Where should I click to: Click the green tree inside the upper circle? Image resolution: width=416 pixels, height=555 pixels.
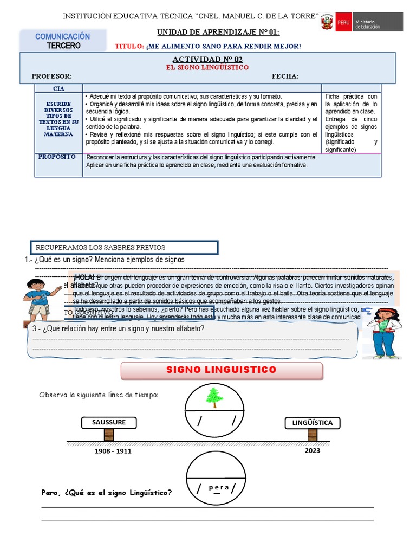click(x=214, y=398)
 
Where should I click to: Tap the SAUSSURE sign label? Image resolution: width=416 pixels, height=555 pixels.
click(x=108, y=422)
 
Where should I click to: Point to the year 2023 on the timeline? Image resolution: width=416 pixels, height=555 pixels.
click(x=313, y=450)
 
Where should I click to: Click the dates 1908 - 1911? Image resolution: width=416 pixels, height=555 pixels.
click(x=113, y=451)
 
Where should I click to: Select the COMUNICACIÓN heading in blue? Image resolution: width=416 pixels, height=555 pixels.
click(x=63, y=36)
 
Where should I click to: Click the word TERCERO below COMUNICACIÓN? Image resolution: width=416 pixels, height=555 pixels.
click(x=63, y=46)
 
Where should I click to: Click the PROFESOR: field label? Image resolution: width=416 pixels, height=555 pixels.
click(x=51, y=76)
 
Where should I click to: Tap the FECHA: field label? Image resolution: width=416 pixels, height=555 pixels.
click(x=285, y=76)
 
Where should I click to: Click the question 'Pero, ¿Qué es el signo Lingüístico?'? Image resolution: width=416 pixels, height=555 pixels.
click(x=107, y=493)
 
